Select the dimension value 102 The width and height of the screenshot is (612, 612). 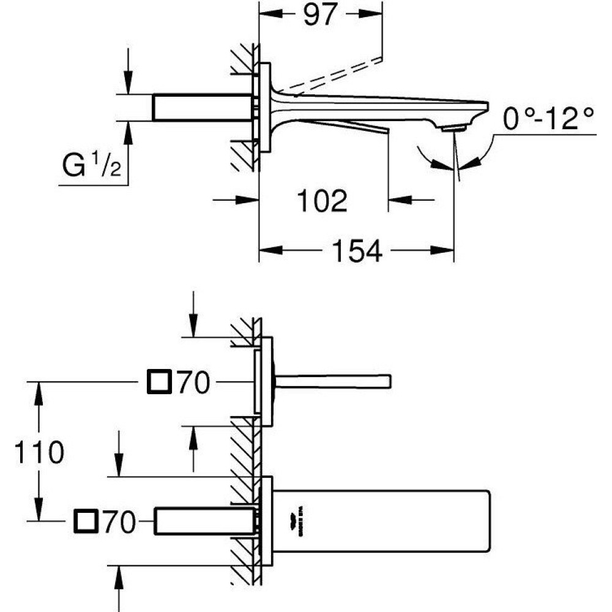[321, 200]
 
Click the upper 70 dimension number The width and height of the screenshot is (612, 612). [193, 384]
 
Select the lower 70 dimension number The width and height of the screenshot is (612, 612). [119, 522]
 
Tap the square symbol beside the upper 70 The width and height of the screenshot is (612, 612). [160, 383]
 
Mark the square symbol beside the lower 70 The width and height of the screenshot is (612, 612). [85, 521]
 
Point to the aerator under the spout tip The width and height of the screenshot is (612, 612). [454, 127]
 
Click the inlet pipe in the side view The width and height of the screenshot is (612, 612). [203, 108]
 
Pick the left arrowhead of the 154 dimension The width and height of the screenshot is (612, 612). [269, 250]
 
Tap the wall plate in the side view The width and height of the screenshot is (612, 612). [265, 108]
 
